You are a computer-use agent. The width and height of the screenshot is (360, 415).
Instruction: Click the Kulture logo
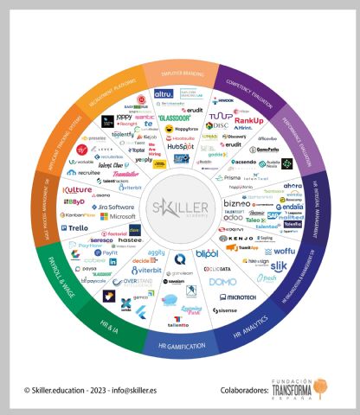(x=79, y=188)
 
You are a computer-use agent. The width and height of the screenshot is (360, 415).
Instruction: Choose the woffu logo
(x=284, y=251)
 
